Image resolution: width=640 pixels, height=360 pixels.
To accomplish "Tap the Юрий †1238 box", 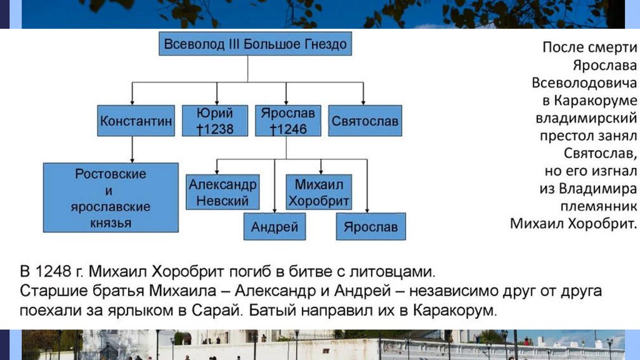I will pos(215,121).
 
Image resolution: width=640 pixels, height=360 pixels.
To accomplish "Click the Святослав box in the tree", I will pos(364,121).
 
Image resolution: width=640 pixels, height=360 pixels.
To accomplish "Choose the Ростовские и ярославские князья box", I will pos(110,197).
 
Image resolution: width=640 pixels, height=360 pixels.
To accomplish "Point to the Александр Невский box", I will pos(222,192).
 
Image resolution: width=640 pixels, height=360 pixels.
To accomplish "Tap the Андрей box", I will pos(274,227).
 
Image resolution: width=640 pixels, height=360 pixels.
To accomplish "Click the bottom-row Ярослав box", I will pos(371,227).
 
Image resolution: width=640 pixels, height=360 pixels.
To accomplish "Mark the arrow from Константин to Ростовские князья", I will pos(133,149).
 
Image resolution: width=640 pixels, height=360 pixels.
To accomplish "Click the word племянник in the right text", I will pos(604,206).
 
